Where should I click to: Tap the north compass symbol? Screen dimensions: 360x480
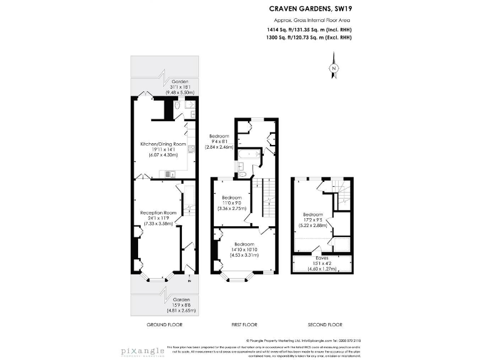click(334, 68)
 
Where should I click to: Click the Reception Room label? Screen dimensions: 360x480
click(158, 212)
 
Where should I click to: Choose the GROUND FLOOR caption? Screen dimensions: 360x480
click(163, 324)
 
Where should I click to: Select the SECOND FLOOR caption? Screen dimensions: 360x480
click(324, 324)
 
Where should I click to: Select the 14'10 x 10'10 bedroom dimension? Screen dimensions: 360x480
click(244, 249)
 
